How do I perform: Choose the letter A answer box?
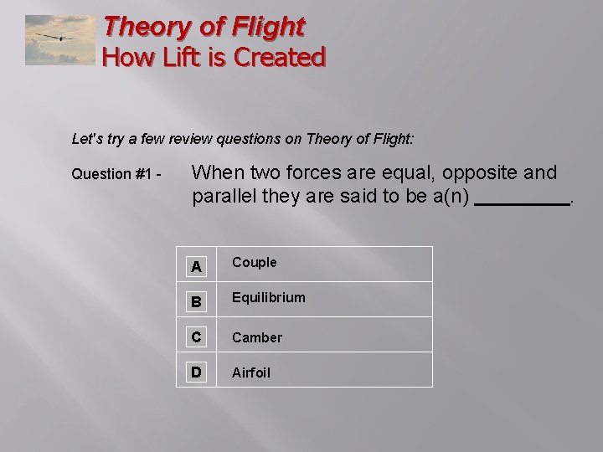click(195, 265)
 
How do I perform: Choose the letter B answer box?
click(195, 300)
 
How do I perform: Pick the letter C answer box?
click(195, 336)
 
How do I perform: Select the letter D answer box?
click(195, 372)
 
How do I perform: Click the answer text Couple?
click(254, 263)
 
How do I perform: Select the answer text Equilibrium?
click(268, 298)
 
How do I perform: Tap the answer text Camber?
click(257, 337)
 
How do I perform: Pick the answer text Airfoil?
click(252, 372)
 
